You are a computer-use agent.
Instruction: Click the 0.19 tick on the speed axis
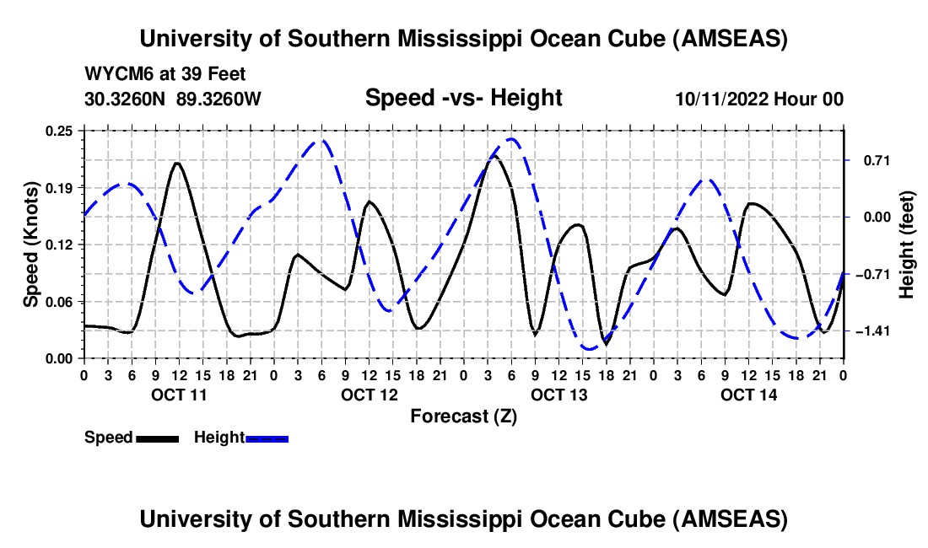click(61, 187)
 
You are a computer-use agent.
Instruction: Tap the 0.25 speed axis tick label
click(61, 130)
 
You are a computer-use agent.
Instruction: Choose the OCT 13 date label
click(558, 395)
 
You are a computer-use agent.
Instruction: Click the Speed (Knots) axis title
click(30, 244)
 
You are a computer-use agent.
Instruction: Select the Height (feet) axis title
click(907, 244)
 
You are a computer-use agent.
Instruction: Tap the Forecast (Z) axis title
click(463, 416)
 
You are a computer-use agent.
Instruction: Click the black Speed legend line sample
click(157, 438)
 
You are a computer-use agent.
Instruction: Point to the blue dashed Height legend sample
click(267, 438)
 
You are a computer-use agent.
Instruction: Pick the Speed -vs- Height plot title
click(463, 98)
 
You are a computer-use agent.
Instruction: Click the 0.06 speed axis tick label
click(61, 301)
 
